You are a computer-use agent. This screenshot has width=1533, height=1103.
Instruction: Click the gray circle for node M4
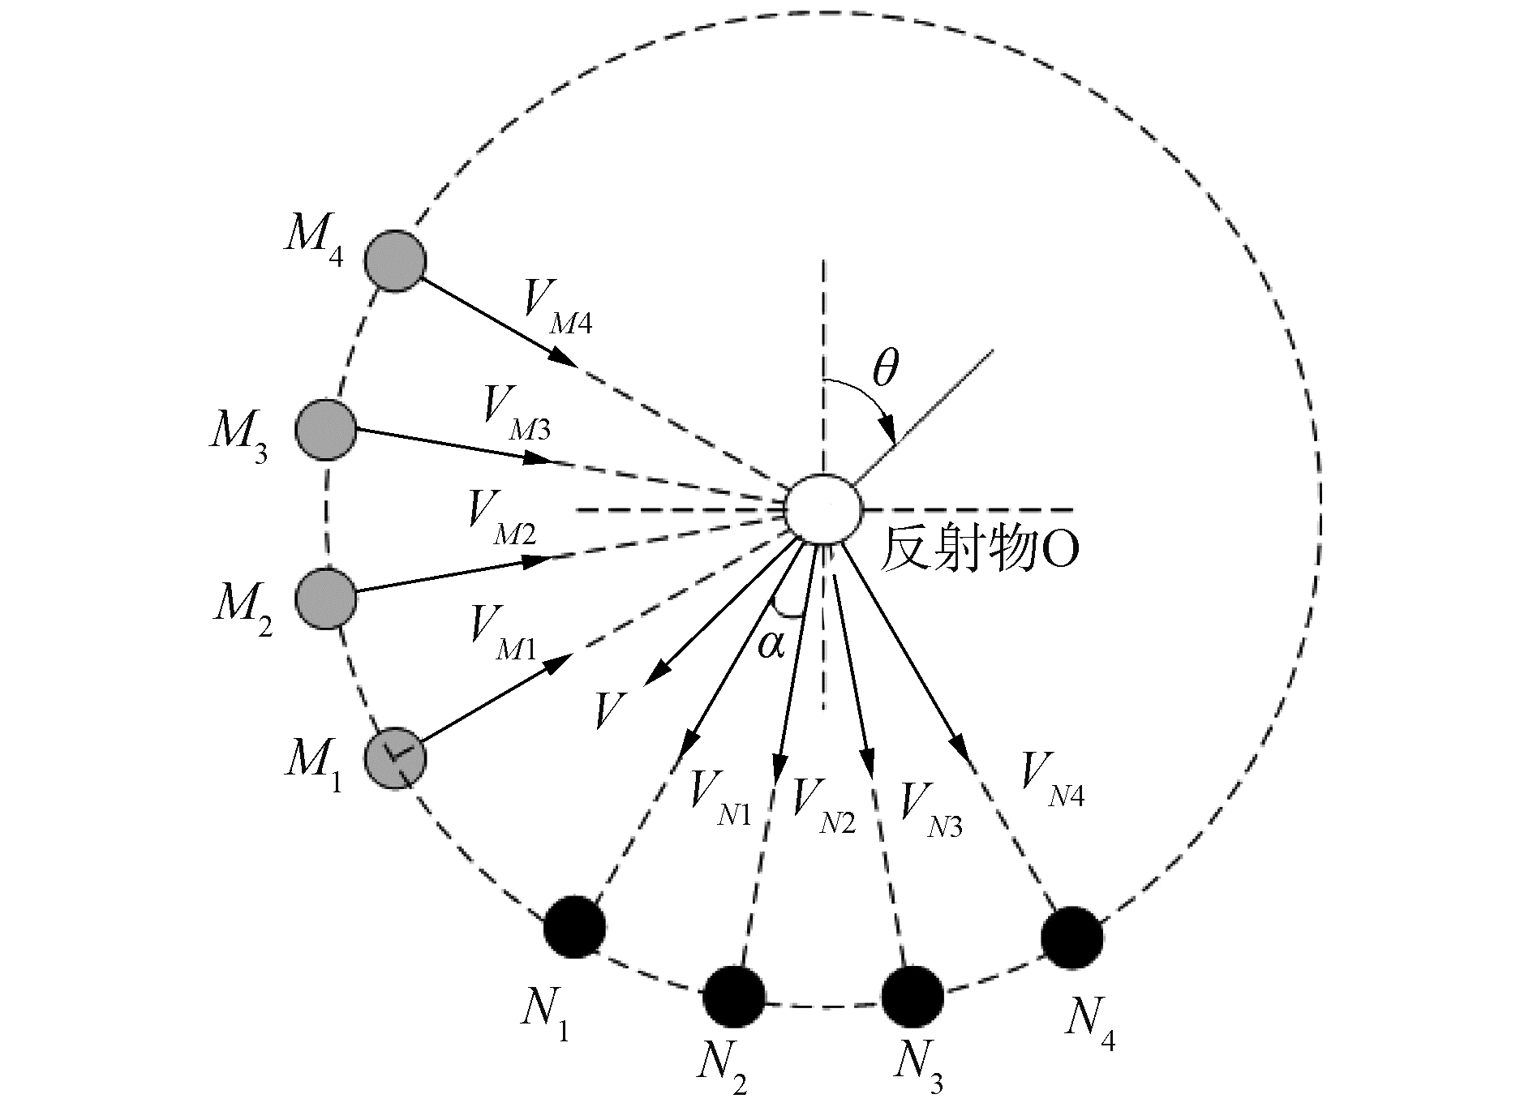[x=395, y=261]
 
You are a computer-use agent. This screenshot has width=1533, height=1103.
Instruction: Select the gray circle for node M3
[x=326, y=429]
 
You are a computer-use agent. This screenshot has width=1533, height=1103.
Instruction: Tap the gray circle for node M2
[x=326, y=599]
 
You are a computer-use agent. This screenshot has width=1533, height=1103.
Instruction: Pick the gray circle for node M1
[x=395, y=758]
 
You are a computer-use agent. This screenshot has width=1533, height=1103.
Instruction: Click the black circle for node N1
[x=574, y=926]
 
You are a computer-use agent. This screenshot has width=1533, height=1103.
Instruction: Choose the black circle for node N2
[x=734, y=996]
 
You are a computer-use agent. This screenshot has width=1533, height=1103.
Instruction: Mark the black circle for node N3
[x=912, y=996]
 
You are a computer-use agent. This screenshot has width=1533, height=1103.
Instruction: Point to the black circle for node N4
[x=1071, y=938]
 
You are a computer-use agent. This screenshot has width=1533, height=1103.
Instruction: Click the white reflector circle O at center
[x=823, y=509]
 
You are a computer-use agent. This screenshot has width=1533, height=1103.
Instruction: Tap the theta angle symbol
[x=885, y=370]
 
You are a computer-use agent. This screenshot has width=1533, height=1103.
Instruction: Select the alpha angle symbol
[x=771, y=645]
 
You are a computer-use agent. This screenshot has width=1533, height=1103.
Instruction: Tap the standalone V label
[x=610, y=710]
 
